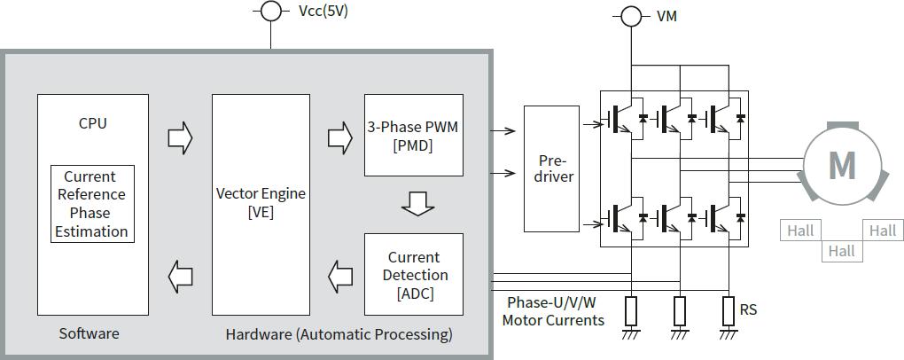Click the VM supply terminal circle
point(630,16)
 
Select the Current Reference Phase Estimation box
point(92,204)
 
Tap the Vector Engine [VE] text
point(261,203)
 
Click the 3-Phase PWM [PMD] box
point(413,136)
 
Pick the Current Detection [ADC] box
point(413,274)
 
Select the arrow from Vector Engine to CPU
point(180,277)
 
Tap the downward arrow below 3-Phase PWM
point(417,205)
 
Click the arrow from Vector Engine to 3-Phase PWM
point(340,137)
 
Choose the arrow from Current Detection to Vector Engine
point(340,277)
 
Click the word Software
point(89,333)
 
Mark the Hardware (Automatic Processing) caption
point(339,334)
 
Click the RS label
point(748,309)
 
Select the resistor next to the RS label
point(729,310)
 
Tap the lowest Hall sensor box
point(841,251)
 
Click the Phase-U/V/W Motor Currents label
point(553,311)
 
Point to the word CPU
point(92,123)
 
